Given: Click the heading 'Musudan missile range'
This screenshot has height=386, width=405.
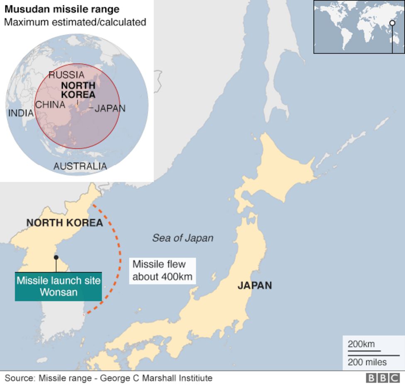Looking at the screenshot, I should (x=62, y=9).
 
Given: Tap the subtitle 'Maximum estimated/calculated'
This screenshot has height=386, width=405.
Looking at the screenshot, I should (x=75, y=22).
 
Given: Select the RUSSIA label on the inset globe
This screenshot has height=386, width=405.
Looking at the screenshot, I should (x=66, y=75).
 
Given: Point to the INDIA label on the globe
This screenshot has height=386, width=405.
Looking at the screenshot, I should (x=21, y=113).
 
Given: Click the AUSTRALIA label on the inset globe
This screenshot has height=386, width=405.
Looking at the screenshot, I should (x=80, y=166).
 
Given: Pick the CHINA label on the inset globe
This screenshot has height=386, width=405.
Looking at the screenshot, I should (x=50, y=104).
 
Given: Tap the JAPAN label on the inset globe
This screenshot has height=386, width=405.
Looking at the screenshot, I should (x=110, y=109).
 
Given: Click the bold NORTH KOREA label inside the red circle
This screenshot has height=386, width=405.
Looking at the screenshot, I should (x=78, y=89).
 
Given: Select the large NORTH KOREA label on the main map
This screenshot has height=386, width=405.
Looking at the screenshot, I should (x=64, y=223).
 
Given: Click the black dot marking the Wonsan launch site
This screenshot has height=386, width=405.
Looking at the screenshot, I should (x=56, y=257).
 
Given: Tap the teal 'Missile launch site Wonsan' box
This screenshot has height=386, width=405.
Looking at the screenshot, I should (x=59, y=286).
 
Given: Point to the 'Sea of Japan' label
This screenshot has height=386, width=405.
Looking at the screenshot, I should (x=183, y=238).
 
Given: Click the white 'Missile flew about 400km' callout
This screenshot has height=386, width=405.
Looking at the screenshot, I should (x=162, y=270).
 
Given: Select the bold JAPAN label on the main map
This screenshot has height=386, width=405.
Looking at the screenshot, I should (x=254, y=285).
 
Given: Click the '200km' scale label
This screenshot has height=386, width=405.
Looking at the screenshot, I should (x=361, y=344).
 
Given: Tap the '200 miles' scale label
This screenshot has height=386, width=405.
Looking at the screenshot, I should (x=367, y=362).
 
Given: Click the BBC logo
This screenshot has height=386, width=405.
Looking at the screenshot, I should (x=382, y=378).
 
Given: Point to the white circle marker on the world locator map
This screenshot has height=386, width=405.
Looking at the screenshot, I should (x=392, y=23).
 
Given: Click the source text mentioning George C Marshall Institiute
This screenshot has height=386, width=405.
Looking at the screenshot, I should (x=108, y=378).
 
